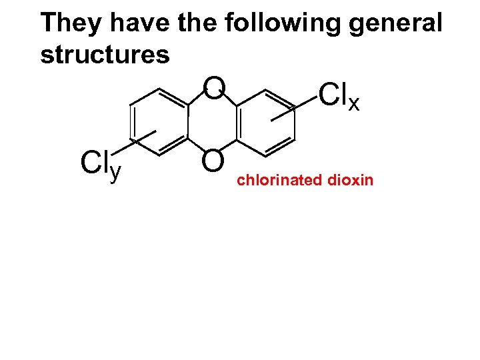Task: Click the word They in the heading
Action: tap(71, 23)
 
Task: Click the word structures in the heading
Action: tap(105, 55)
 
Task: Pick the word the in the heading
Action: tap(199, 23)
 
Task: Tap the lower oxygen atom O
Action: tap(213, 161)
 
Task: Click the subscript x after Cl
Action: tap(354, 103)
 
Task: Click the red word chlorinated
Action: tap(279, 180)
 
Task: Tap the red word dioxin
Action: tap(352, 180)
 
